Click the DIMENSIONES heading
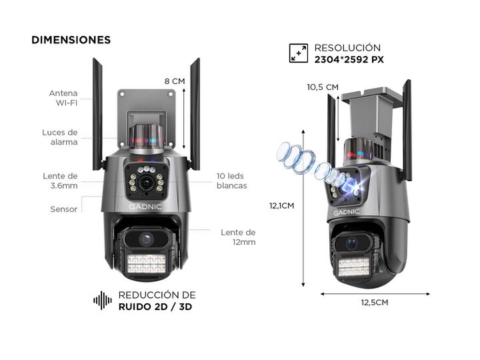coord(71,40)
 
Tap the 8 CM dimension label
coord(175,81)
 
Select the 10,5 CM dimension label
coord(323,87)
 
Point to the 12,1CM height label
coord(282,205)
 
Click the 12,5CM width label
coord(374,302)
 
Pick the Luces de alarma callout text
coord(60,137)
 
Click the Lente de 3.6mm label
coord(61,181)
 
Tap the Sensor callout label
coord(64,209)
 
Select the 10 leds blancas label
coord(231,181)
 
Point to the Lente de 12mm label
coord(238,237)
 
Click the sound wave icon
coord(103,301)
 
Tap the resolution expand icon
coord(298,53)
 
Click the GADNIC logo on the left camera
coord(146,207)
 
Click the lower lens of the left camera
coord(147,239)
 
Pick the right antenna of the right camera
coord(407,130)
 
